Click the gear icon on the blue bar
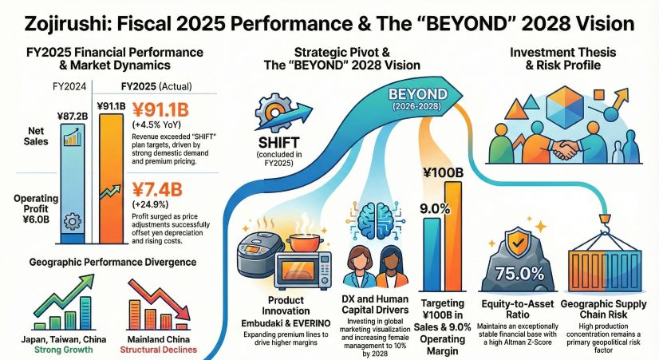click(70, 221)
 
